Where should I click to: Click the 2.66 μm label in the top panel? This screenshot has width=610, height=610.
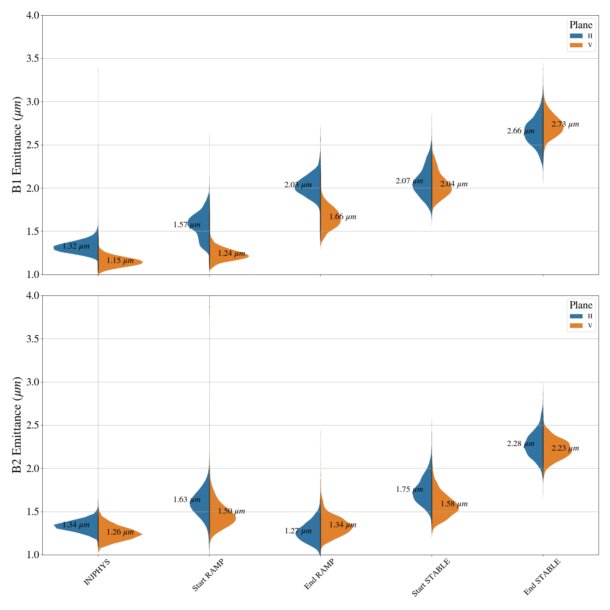click(521, 131)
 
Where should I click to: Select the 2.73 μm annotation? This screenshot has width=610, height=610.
click(565, 124)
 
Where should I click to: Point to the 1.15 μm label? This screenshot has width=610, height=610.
click(120, 261)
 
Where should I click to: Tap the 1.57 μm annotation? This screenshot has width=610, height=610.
click(187, 225)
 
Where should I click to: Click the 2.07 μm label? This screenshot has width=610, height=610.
click(409, 181)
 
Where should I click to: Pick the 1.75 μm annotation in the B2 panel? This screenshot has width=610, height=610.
click(409, 490)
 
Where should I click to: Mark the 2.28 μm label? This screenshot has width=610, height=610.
click(521, 444)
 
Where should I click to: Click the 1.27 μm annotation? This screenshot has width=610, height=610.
click(298, 531)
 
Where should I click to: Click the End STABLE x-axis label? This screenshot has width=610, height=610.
click(542, 577)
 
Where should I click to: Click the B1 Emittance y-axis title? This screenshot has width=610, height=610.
click(17, 145)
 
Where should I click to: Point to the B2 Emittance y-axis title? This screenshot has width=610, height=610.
click(17, 425)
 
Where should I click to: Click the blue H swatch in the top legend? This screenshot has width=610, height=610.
click(576, 36)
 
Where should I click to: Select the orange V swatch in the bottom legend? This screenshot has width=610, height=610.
click(576, 326)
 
